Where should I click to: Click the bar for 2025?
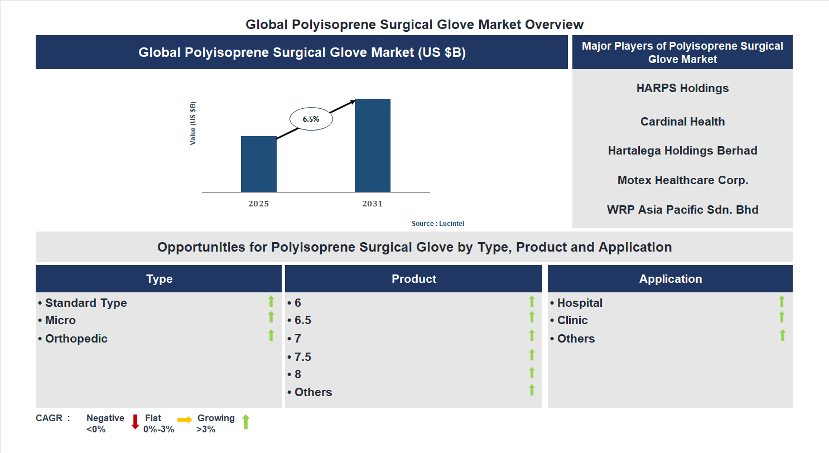(x=258, y=164)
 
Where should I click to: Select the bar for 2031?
(x=372, y=146)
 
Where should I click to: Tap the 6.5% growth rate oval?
(x=311, y=119)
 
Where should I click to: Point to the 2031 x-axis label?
(x=372, y=204)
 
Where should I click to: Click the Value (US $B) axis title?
(x=193, y=123)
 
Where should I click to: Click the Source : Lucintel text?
(x=437, y=224)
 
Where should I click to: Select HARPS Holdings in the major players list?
(x=682, y=88)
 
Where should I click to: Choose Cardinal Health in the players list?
(x=682, y=122)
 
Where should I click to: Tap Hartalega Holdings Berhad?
(x=682, y=151)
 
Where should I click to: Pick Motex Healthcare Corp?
(x=682, y=180)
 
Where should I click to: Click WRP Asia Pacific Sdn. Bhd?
(x=682, y=210)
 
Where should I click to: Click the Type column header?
(x=159, y=279)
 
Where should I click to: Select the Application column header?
(x=670, y=279)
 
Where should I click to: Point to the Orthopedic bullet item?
(x=76, y=339)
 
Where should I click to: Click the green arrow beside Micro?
(x=271, y=317)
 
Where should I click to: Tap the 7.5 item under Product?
(x=302, y=357)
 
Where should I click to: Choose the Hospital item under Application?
(x=579, y=303)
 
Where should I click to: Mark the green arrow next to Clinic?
(x=782, y=317)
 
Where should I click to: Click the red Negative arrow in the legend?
(x=135, y=422)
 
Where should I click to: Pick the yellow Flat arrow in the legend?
(x=185, y=420)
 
